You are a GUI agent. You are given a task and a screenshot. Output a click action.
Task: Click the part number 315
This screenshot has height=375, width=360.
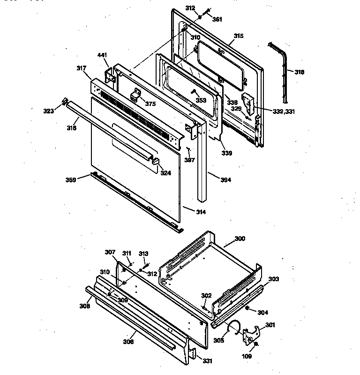pyautogui.click(x=239, y=36)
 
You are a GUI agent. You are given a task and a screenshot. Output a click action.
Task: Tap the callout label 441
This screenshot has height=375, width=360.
pyautogui.click(x=103, y=55)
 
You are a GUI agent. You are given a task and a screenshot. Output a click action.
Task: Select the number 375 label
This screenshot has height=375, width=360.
pyautogui.click(x=150, y=104)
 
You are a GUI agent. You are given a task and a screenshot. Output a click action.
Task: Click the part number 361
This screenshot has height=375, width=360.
pyautogui.click(x=217, y=19)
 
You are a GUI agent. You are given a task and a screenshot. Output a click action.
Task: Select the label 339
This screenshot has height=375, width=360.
pyautogui.click(x=227, y=153)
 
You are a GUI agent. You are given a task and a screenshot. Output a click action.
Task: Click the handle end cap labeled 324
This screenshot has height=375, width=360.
pyautogui.click(x=155, y=162)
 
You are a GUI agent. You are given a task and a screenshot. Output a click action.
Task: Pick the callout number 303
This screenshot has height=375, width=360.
pyautogui.click(x=273, y=279)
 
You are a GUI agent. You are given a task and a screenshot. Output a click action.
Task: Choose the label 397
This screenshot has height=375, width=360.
pyautogui.click(x=189, y=160)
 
